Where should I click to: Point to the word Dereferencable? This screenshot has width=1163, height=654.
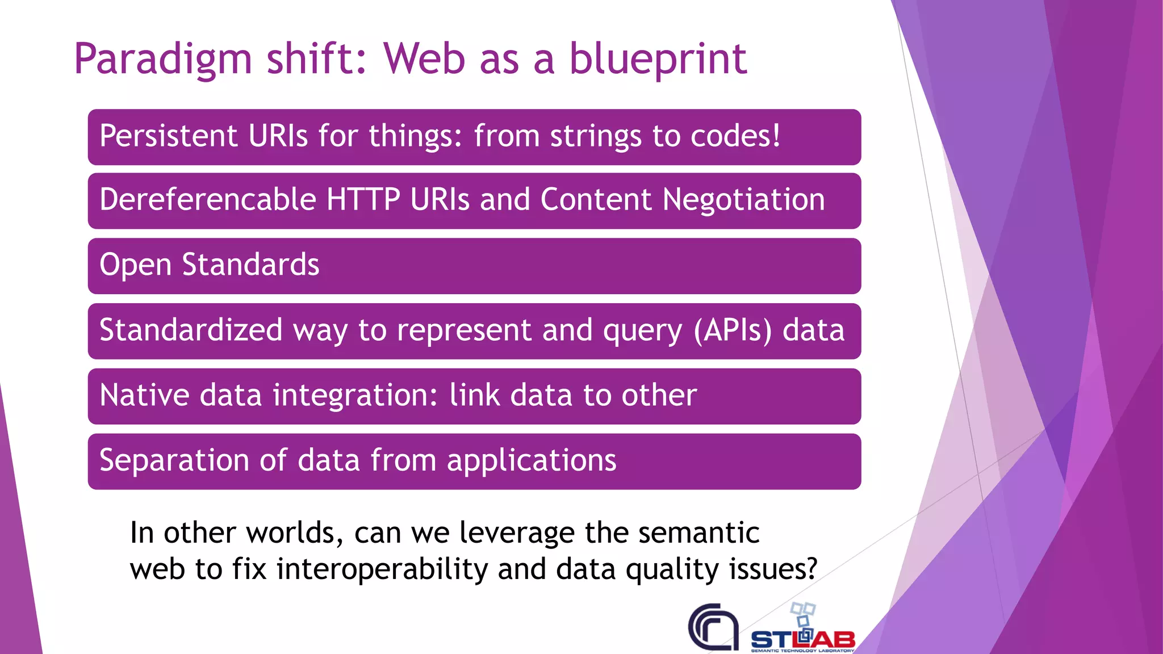click(207, 200)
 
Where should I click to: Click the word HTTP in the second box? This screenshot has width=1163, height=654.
click(363, 200)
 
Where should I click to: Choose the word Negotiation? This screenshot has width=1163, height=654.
click(743, 200)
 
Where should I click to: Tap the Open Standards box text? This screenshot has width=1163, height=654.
click(210, 265)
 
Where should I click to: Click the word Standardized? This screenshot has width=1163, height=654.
click(191, 330)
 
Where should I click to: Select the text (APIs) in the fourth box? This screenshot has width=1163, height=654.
click(733, 330)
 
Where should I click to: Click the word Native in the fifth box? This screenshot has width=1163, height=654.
click(144, 395)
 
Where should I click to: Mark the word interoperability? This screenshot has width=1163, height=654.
click(382, 569)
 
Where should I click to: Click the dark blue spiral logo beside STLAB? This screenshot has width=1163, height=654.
click(713, 627)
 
